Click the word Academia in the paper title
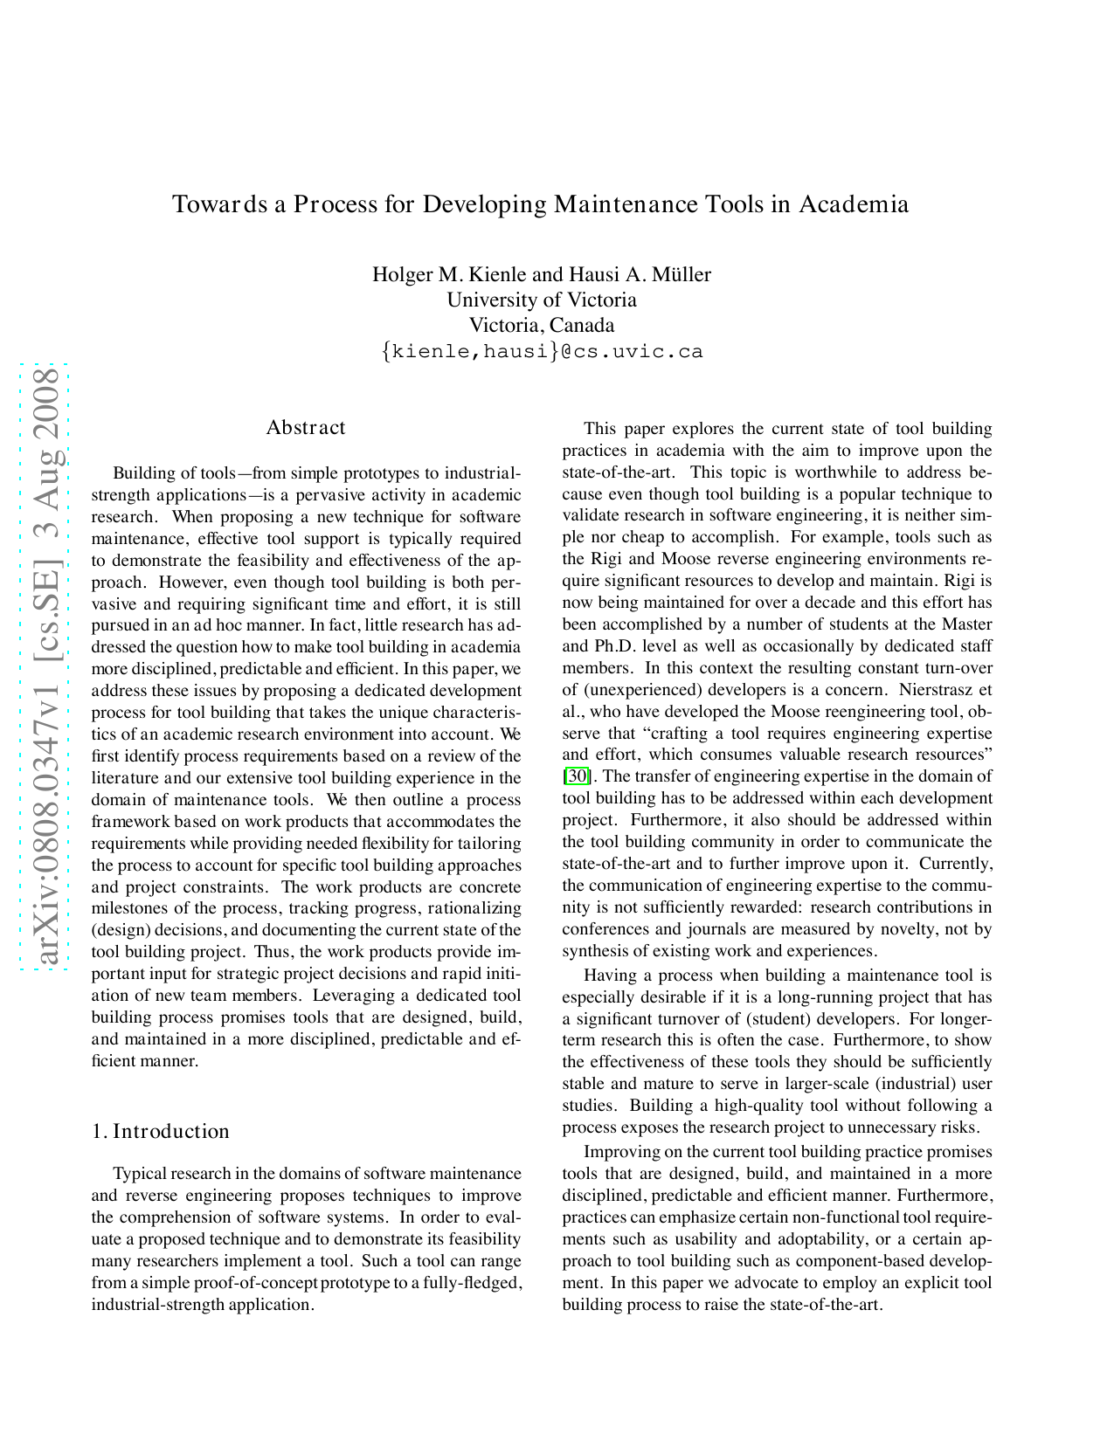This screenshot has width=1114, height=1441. (854, 204)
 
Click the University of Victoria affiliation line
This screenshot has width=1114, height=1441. (542, 300)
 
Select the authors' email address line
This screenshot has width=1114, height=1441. (542, 351)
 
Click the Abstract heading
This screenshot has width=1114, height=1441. (306, 427)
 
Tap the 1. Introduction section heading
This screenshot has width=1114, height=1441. (161, 1131)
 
